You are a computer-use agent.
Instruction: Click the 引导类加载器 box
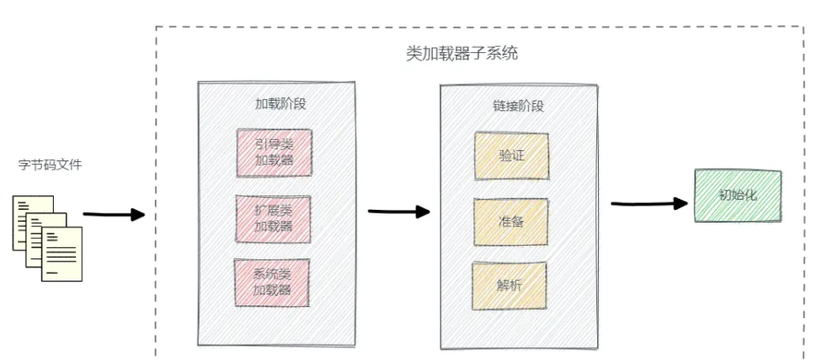coord(273,153)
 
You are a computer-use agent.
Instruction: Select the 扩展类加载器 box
coord(273,218)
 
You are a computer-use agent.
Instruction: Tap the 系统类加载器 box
coord(273,282)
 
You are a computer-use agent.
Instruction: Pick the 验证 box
coord(511,156)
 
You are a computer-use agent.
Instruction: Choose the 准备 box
coord(511,221)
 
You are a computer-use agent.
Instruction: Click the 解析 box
coord(509,286)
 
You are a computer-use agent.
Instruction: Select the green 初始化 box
coord(737,195)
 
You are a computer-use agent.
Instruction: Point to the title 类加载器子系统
coord(462,54)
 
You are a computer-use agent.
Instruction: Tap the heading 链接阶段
coord(518,106)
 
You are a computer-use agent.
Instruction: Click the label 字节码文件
coord(49,164)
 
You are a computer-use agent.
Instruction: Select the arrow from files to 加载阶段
coord(113,214)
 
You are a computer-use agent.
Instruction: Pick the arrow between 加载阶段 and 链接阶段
coord(398,211)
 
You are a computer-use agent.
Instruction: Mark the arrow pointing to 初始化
coord(648,203)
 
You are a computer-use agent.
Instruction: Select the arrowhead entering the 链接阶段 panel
coord(422,212)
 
